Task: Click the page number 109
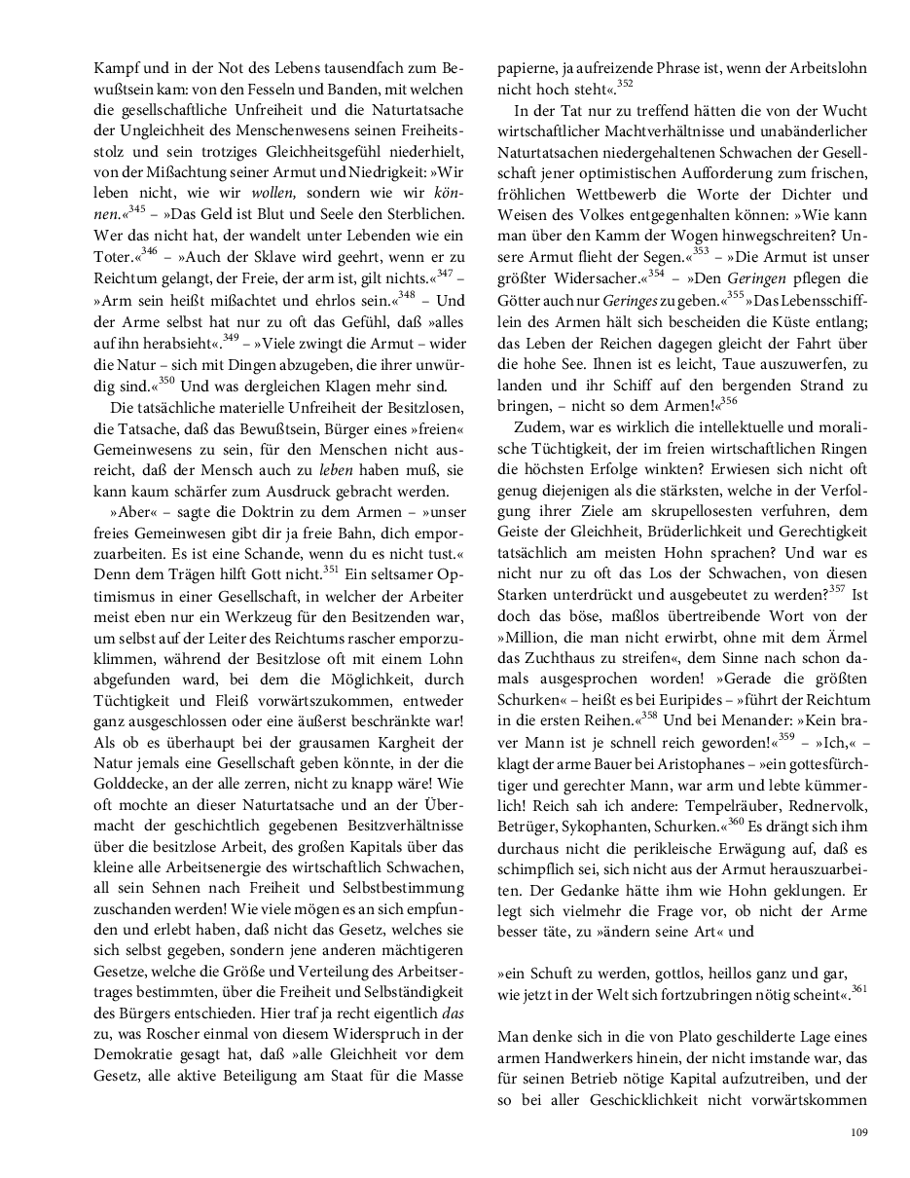[x=857, y=1131]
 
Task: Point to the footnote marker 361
[x=858, y=988]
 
